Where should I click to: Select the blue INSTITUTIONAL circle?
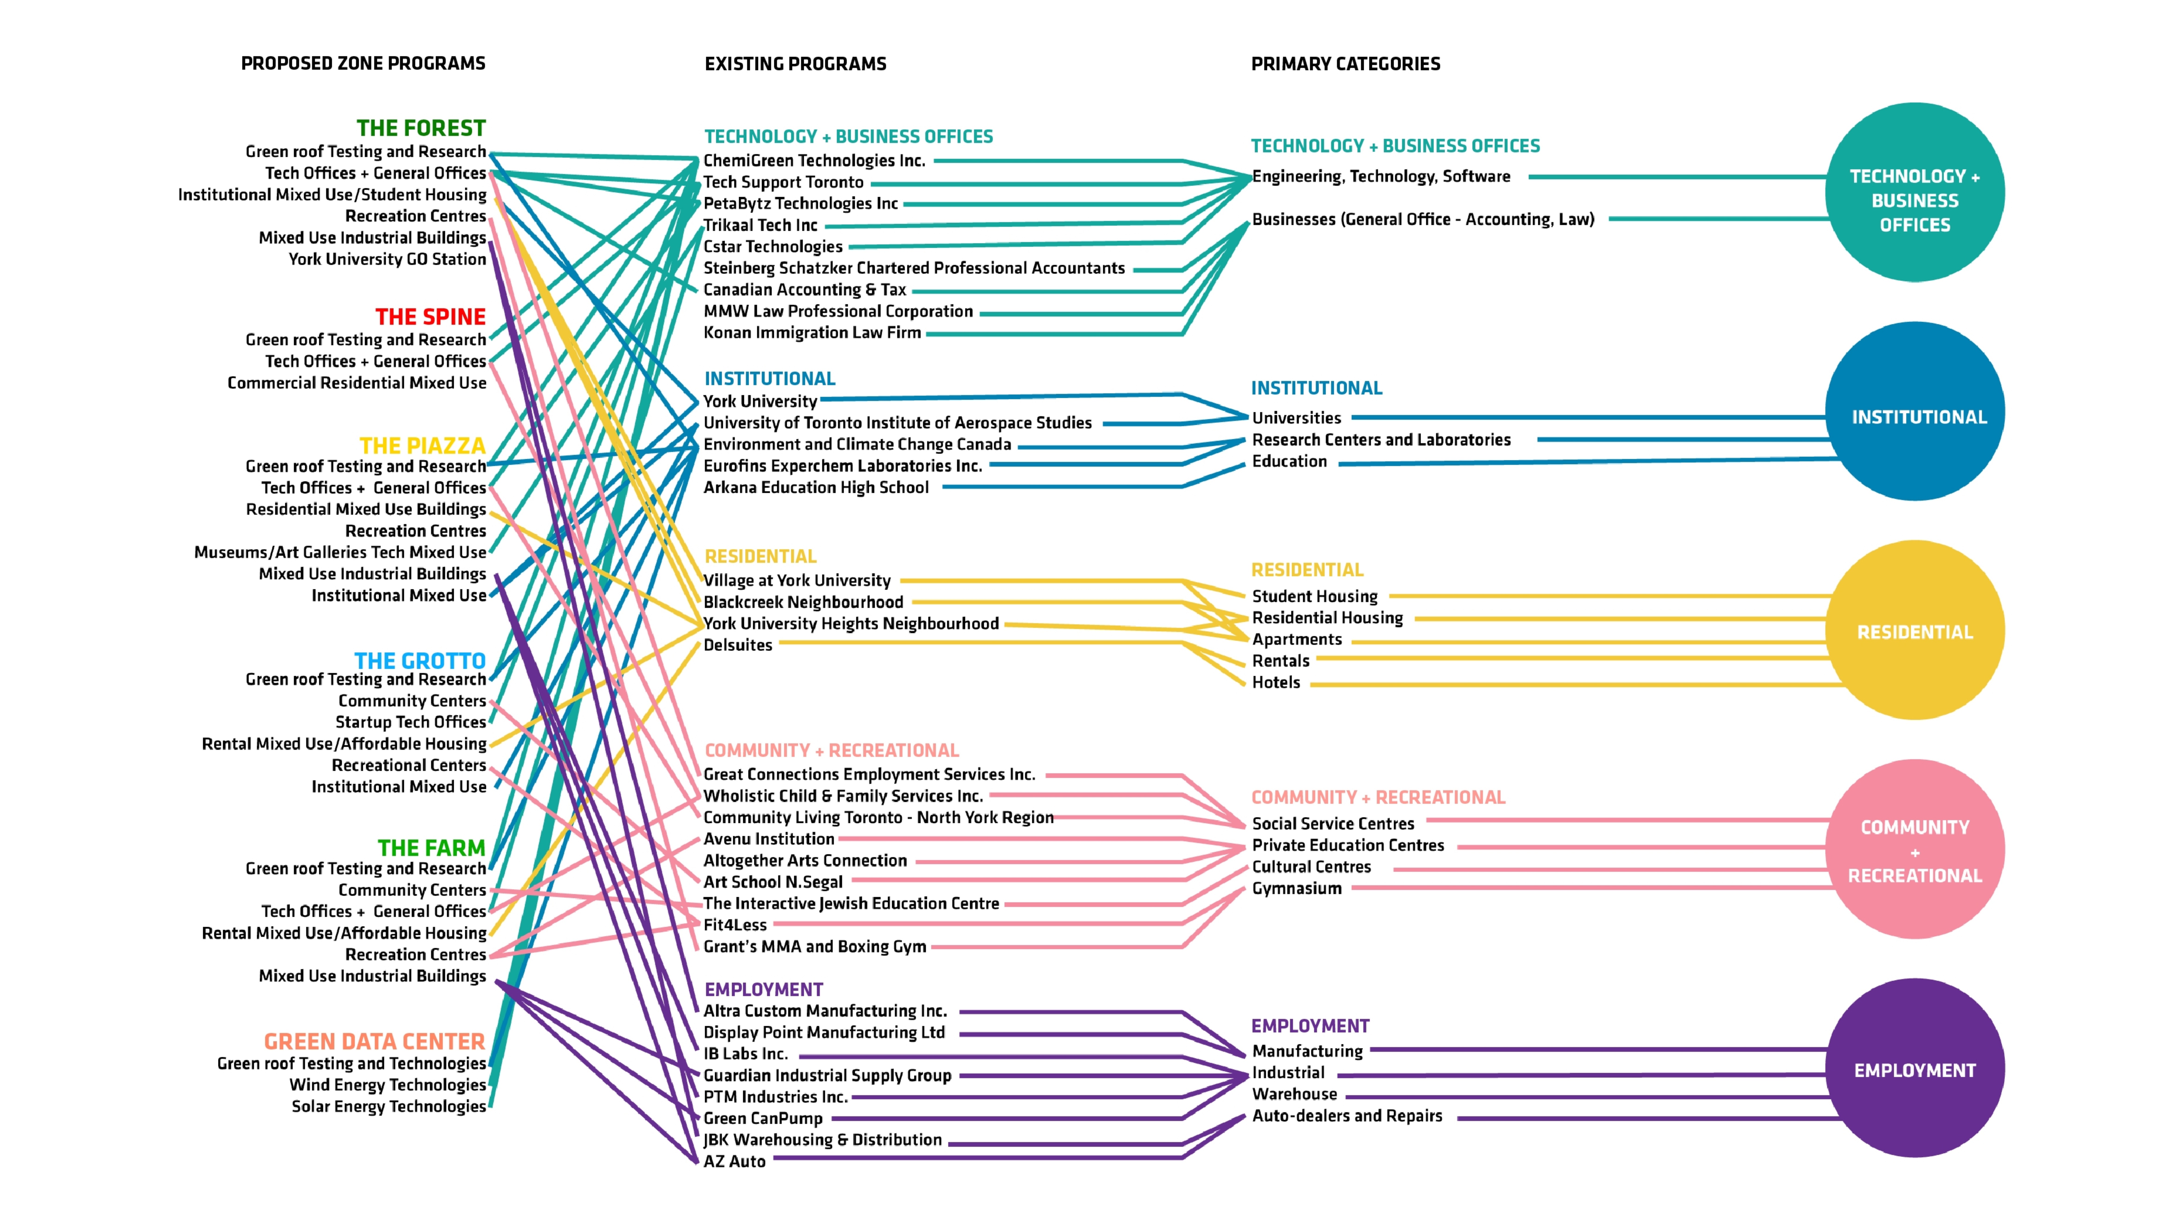(x=1915, y=411)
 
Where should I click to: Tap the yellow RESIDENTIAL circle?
(x=1915, y=630)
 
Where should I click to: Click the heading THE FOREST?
(x=421, y=128)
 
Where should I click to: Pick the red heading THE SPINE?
(x=430, y=317)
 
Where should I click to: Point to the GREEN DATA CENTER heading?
(x=374, y=1042)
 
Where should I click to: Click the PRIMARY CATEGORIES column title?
(x=1345, y=64)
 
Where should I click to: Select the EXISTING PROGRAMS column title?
(x=795, y=64)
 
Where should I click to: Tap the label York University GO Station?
(x=387, y=259)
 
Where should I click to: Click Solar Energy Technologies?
(x=389, y=1106)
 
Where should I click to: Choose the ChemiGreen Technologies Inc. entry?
(x=813, y=161)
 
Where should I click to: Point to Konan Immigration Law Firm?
(x=812, y=333)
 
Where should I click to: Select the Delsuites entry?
(x=738, y=645)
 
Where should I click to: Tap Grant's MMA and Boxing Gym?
(x=814, y=946)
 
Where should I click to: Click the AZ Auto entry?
(x=734, y=1162)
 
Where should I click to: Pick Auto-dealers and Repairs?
(x=1347, y=1116)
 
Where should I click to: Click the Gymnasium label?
(x=1296, y=888)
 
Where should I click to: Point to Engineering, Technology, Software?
(x=1380, y=177)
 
